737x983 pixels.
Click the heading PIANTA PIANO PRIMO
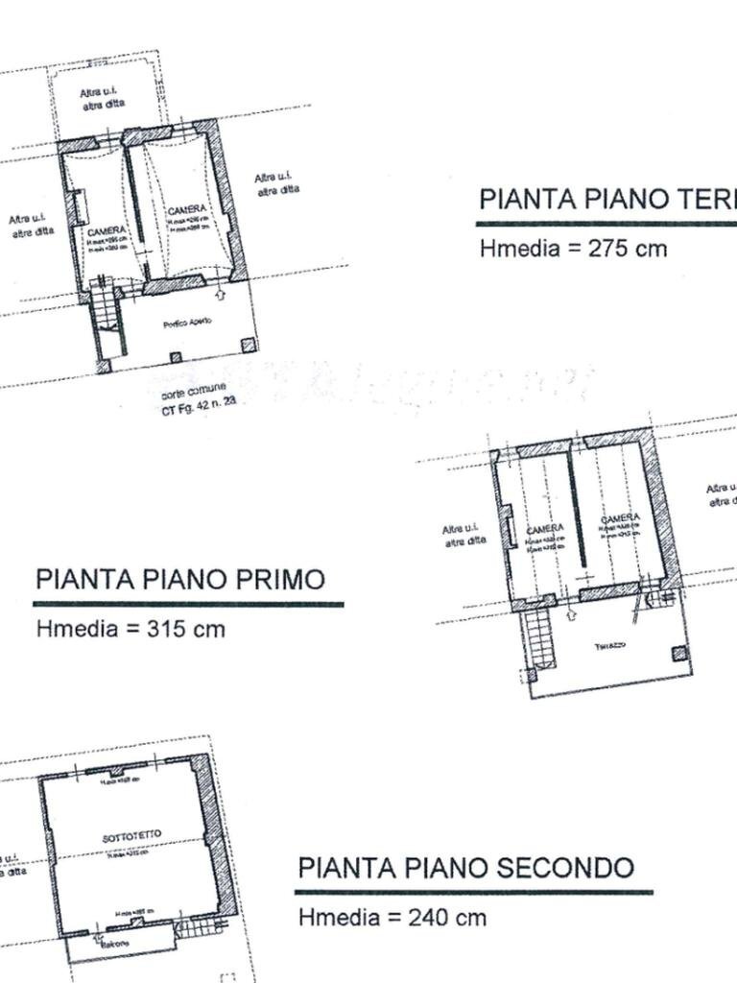pos(179,580)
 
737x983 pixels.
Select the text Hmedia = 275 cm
pos(573,248)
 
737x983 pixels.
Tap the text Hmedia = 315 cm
pos(131,630)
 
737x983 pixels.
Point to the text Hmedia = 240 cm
pos(392,918)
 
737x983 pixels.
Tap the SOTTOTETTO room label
pos(131,837)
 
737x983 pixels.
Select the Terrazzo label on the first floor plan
pos(609,645)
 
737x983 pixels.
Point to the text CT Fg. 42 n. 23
pos(199,408)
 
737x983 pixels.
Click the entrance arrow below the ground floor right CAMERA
pos(223,293)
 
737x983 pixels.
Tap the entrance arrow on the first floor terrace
pos(573,615)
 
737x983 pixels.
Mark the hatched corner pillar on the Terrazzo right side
pos(679,654)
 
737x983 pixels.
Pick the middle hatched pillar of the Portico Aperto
pos(176,358)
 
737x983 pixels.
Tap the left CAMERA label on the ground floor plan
pos(106,232)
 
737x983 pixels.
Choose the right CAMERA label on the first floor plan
pos(620,519)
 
